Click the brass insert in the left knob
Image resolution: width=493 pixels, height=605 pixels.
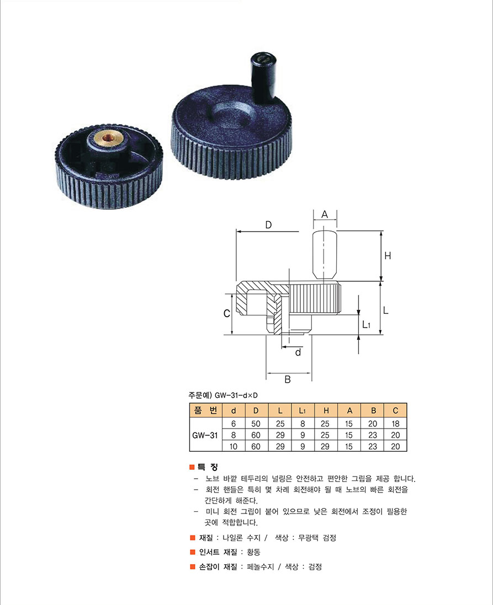106,136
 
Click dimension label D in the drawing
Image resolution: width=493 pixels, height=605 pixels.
268,224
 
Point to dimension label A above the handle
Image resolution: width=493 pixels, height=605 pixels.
325,214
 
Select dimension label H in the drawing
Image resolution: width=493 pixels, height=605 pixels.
388,255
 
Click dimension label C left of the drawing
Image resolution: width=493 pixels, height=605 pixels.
227,314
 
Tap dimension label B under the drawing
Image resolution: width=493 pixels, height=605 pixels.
288,379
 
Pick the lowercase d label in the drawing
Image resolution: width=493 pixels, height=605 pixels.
298,352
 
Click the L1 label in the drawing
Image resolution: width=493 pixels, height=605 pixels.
366,324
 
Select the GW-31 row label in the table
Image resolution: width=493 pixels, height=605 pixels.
205,435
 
